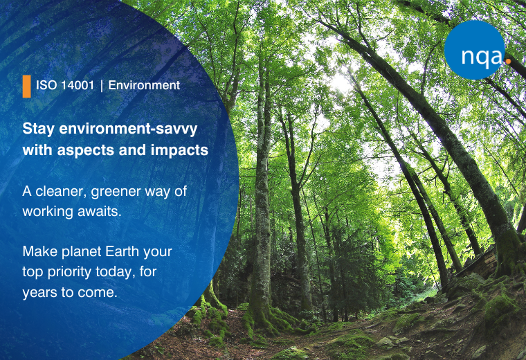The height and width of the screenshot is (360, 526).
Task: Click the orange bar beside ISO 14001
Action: [x=26, y=87]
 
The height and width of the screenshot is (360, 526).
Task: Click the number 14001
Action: [x=78, y=85]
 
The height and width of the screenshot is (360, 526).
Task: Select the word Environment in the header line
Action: [x=144, y=85]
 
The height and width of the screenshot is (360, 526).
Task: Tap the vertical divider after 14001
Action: [x=101, y=86]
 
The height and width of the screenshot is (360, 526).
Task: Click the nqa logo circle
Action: [x=474, y=50]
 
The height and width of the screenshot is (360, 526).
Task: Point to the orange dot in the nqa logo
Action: [x=508, y=61]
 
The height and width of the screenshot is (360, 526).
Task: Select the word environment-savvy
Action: [x=128, y=129]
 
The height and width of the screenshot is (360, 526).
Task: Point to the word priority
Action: [x=69, y=273]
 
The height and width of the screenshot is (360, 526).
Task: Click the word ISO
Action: [x=46, y=85]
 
